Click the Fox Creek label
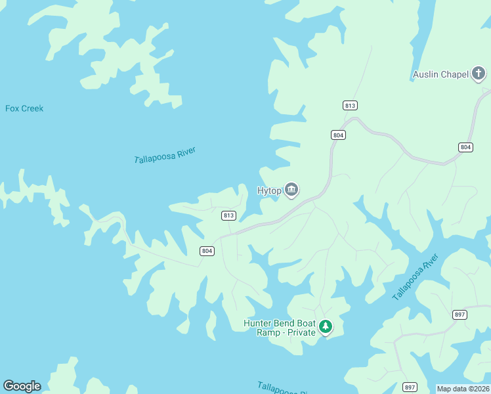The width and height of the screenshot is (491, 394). tap(24, 108)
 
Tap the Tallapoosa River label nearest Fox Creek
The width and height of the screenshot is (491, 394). tap(165, 156)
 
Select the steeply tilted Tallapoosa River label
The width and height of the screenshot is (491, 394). tap(415, 278)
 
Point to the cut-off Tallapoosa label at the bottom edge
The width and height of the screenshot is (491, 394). tap(283, 388)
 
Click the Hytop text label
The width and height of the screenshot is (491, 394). tap(269, 191)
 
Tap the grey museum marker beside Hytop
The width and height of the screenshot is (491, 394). tap(292, 190)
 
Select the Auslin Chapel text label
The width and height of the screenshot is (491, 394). tap(440, 74)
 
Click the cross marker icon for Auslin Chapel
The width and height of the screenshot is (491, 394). tap(479, 74)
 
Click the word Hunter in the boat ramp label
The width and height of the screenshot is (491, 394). tap(258, 323)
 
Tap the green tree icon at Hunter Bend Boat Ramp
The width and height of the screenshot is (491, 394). tap(325, 327)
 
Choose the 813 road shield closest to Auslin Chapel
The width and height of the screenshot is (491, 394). tap(350, 106)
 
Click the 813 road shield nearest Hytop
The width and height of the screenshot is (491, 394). tap(228, 215)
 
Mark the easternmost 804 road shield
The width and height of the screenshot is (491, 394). tap(465, 147)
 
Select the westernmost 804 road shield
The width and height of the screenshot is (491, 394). tap(207, 251)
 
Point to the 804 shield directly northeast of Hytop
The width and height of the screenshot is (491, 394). tap(338, 135)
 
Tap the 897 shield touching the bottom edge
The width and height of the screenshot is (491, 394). tap(410, 387)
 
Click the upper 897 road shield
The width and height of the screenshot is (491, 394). tap(459, 315)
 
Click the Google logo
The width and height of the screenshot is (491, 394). tap(22, 386)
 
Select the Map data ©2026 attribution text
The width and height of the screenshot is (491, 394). tap(463, 389)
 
